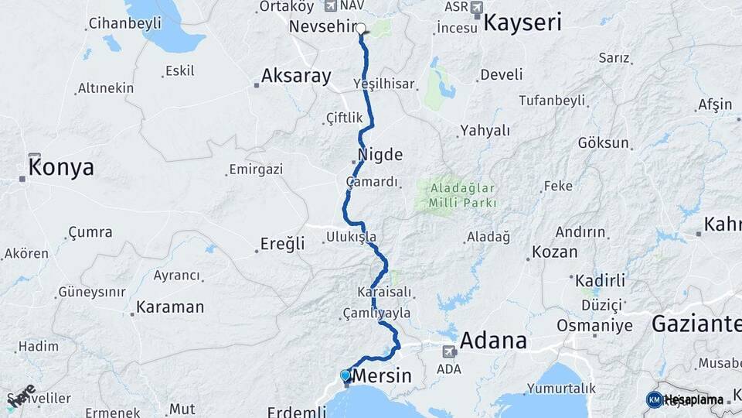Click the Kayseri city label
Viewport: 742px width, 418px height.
click(x=522, y=22)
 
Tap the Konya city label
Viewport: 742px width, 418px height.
click(x=61, y=167)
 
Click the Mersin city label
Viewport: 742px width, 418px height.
click(x=382, y=377)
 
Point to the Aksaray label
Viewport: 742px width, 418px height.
click(x=296, y=76)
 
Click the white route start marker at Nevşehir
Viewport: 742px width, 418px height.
click(x=361, y=29)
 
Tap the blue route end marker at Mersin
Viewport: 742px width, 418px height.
click(x=345, y=375)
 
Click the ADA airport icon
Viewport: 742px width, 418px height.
click(x=448, y=351)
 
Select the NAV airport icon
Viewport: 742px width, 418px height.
click(x=332, y=6)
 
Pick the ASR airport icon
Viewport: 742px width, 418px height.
click(x=475, y=8)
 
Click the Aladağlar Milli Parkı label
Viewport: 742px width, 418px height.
click(x=457, y=195)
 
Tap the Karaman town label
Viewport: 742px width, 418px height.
click(x=170, y=307)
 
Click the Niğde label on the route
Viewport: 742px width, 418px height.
click(x=380, y=155)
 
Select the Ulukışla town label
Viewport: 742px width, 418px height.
click(x=351, y=236)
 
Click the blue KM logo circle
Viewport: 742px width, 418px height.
click(x=654, y=399)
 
